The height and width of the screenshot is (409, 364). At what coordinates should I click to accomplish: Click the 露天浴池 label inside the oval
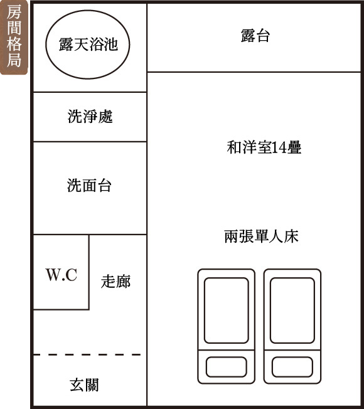tap(88, 45)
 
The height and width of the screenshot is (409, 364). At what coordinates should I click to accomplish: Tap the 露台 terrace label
tap(255, 36)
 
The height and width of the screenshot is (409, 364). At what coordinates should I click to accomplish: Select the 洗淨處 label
tap(90, 116)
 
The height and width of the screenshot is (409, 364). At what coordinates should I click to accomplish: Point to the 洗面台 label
tap(89, 186)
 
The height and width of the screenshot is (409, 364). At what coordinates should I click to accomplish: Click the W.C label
tap(62, 275)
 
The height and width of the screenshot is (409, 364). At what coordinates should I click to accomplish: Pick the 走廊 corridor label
tap(115, 282)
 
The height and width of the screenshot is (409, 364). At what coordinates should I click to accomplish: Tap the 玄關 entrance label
tap(84, 385)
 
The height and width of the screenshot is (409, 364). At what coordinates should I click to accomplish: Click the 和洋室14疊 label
tap(264, 147)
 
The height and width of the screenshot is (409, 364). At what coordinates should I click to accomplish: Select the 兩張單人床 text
tap(261, 236)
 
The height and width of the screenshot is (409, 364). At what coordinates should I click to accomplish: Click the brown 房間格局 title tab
tap(14, 37)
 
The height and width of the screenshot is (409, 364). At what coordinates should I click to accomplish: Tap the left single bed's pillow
tap(226, 367)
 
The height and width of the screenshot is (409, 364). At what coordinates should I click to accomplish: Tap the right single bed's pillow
tap(292, 367)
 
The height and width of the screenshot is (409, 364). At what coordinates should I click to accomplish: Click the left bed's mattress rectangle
tap(226, 311)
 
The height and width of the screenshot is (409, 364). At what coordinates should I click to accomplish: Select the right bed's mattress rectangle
tap(292, 311)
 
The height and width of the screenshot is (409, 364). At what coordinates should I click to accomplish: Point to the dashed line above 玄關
tap(87, 355)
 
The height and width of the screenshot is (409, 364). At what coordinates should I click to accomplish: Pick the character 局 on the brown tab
tap(14, 60)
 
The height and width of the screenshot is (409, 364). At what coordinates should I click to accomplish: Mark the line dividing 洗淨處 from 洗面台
tap(90, 142)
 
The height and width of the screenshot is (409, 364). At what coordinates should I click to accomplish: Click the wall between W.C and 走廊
tap(89, 272)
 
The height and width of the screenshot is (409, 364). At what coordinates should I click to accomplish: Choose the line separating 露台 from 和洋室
tap(254, 72)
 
